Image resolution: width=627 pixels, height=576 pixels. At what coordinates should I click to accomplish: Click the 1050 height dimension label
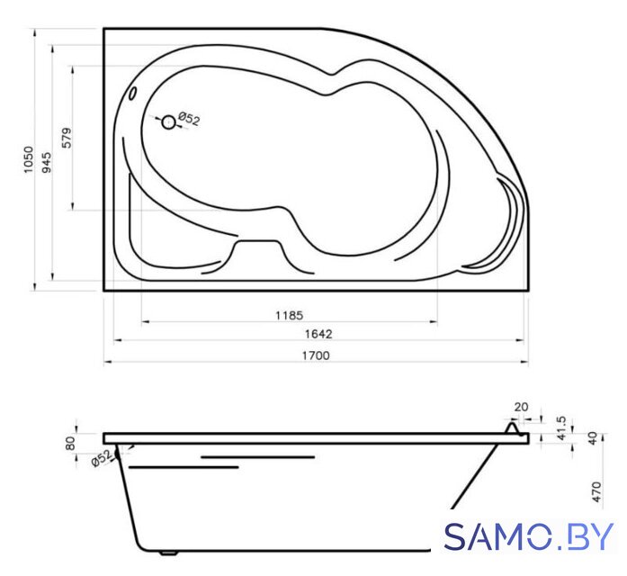pyautogui.click(x=29, y=159)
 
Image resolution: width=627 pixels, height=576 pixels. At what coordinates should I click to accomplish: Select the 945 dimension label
pyautogui.click(x=47, y=162)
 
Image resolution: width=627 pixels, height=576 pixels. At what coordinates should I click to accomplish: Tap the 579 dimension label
pyautogui.click(x=67, y=138)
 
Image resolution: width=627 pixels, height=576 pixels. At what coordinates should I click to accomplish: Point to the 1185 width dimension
pyautogui.click(x=289, y=316)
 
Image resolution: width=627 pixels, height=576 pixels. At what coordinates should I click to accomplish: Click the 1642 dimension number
pyautogui.click(x=318, y=334)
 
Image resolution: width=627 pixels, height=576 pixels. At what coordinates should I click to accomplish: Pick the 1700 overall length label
pyautogui.click(x=316, y=355)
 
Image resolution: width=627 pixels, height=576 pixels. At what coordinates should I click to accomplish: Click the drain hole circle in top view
pyautogui.click(x=169, y=122)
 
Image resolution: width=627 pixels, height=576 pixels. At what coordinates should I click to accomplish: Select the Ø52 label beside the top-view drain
pyautogui.click(x=189, y=119)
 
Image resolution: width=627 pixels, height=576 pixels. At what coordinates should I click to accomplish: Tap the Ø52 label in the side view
pyautogui.click(x=102, y=458)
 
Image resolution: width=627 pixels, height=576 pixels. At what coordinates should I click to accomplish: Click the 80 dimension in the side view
pyautogui.click(x=70, y=443)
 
